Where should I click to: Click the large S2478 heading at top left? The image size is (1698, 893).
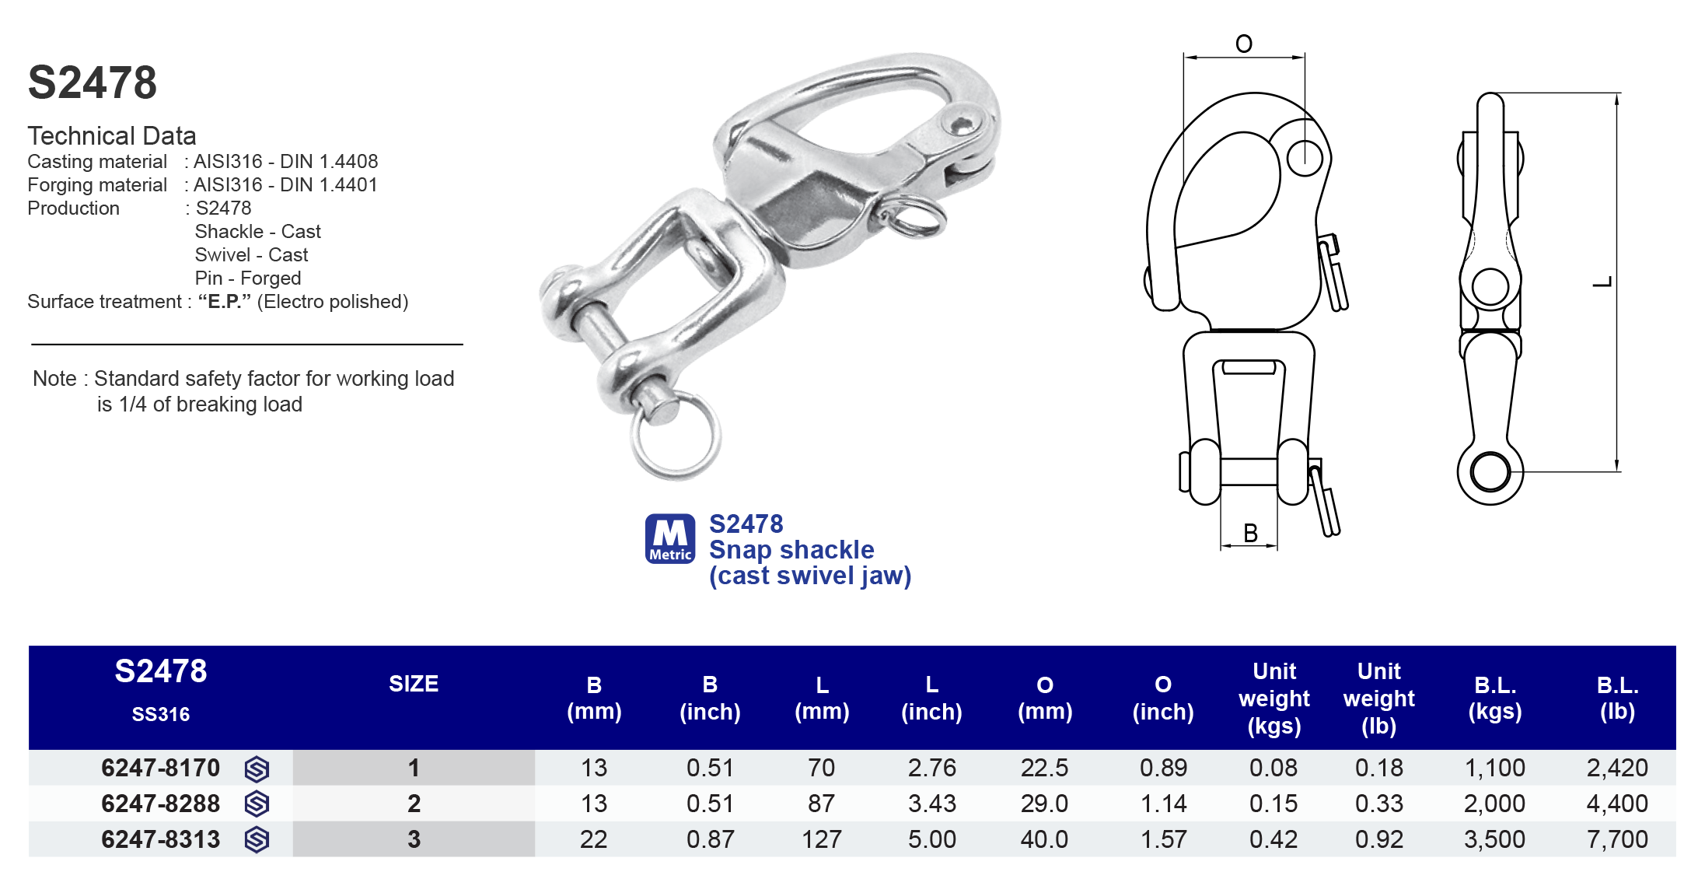(92, 82)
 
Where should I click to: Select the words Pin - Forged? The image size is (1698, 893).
(247, 278)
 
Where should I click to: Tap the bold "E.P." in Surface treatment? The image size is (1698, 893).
(224, 301)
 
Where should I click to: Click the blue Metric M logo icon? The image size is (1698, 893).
(669, 538)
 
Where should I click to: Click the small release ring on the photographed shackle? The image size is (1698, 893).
(917, 218)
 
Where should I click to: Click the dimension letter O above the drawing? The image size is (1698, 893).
(1243, 44)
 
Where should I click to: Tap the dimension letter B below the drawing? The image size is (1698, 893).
(1250, 533)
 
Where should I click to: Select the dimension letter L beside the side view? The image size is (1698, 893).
(1602, 282)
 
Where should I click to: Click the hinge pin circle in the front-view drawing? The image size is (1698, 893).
(1304, 158)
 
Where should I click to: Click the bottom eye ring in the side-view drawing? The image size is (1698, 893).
(1490, 472)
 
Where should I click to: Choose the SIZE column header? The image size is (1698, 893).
(413, 684)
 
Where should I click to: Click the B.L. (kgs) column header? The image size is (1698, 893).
(1494, 698)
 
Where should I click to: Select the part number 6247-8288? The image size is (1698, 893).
(160, 804)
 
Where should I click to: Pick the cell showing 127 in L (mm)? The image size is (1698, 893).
(821, 839)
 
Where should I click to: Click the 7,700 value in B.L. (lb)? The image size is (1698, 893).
(1616, 839)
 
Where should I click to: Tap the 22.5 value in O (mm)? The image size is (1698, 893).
(1044, 768)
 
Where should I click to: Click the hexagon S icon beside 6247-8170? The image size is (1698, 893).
(257, 769)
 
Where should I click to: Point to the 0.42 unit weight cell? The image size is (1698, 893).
(1273, 839)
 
